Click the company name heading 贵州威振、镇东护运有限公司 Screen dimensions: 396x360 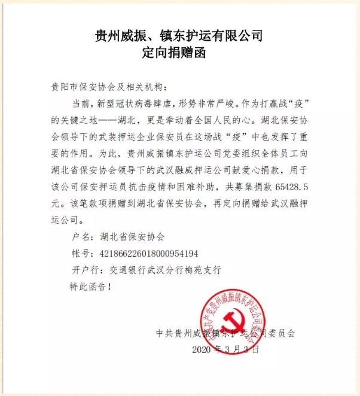[179, 36]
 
